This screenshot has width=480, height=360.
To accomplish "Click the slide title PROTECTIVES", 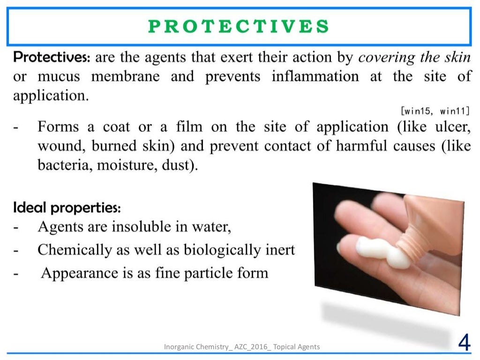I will coord(239,26).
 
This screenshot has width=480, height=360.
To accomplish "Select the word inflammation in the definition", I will coord(315,76).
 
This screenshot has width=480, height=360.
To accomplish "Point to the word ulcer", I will coord(453,127).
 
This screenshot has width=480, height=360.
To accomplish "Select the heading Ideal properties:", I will coord(67,207).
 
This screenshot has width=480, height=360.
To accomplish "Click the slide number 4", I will coord(464,344).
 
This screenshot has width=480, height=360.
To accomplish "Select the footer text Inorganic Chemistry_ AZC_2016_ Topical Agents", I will coord(242,347).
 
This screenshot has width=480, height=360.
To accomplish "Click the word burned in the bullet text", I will coord(114,147).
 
